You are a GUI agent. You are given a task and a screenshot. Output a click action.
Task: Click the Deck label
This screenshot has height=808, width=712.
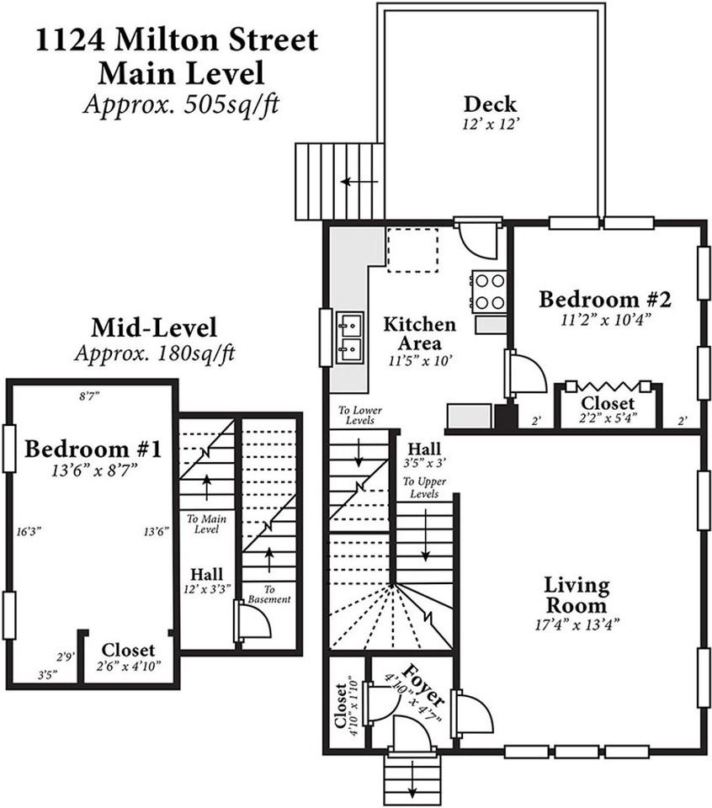(490, 104)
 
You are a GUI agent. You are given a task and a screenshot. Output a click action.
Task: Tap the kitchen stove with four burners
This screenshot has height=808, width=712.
(489, 291)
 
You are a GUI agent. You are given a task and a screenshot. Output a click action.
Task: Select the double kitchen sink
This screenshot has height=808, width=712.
(350, 337)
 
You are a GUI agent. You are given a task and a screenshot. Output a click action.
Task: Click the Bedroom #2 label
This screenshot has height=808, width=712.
(605, 300)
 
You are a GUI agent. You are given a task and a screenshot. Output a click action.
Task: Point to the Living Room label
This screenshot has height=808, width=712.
(577, 595)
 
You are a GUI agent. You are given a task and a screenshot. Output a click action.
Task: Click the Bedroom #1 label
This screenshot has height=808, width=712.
(93, 449)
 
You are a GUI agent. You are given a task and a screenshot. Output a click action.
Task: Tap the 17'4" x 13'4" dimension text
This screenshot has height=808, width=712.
(577, 625)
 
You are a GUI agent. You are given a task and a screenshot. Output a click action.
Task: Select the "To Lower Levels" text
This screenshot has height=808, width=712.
(360, 415)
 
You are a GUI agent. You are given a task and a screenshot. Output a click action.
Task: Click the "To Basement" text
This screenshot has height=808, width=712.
(269, 594)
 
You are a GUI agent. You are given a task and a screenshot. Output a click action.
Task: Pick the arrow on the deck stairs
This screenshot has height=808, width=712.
(359, 182)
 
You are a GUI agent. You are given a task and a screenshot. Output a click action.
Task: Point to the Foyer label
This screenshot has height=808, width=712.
(423, 685)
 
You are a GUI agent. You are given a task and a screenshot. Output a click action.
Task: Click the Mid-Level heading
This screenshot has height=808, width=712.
(154, 328)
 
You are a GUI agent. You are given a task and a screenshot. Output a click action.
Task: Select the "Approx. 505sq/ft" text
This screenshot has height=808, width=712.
(181, 105)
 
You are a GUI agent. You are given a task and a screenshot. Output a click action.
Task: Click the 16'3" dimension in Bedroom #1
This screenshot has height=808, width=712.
(29, 532)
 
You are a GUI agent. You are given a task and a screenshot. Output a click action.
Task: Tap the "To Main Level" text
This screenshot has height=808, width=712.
(206, 524)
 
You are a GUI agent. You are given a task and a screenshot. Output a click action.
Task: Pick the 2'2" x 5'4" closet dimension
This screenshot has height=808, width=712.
(608, 418)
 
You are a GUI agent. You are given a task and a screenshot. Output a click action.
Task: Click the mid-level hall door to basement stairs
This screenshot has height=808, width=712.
(252, 621)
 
